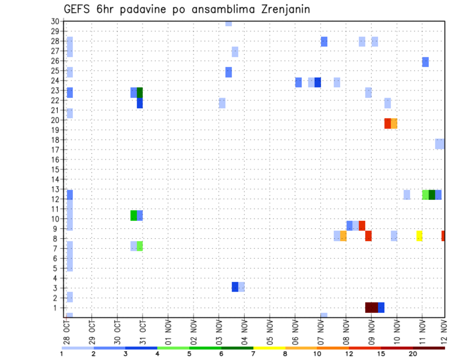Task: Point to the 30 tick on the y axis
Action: click(x=55, y=21)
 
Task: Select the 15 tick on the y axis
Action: click(x=55, y=170)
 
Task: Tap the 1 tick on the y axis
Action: click(x=57, y=308)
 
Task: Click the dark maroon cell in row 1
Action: click(x=371, y=308)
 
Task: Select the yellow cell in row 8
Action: click(x=419, y=236)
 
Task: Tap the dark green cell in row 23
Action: click(x=140, y=92)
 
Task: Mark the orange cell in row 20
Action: click(x=394, y=123)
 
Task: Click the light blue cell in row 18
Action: click(x=440, y=144)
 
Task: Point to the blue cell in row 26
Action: click(x=425, y=62)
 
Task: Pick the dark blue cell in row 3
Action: click(x=235, y=287)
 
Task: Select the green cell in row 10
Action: click(x=133, y=215)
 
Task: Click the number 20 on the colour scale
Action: click(x=413, y=354)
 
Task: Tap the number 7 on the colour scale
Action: click(x=253, y=354)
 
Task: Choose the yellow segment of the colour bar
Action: click(x=269, y=348)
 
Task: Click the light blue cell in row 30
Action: click(x=228, y=23)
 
